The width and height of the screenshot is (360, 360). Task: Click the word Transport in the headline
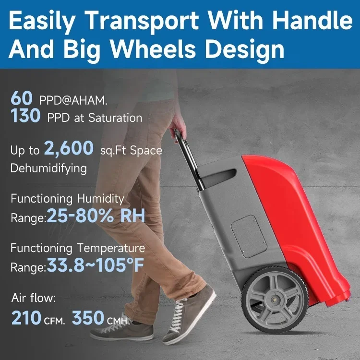[x=143, y=21]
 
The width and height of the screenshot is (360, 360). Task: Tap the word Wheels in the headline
[x=153, y=48]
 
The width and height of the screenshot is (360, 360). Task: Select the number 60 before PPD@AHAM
[x=22, y=98]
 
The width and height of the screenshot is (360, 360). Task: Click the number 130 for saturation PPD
[x=25, y=115]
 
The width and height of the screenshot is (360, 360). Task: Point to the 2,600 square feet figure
[x=69, y=148]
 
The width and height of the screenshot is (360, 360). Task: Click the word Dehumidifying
[x=48, y=168]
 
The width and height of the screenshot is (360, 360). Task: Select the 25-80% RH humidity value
[x=96, y=216]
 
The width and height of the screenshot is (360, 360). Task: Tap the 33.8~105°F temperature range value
[x=96, y=265]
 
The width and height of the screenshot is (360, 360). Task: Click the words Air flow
[x=34, y=298]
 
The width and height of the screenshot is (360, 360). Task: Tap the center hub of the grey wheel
[x=274, y=300]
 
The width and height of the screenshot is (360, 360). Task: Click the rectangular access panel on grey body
[x=249, y=237]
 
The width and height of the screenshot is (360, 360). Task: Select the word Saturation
[x=115, y=118]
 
